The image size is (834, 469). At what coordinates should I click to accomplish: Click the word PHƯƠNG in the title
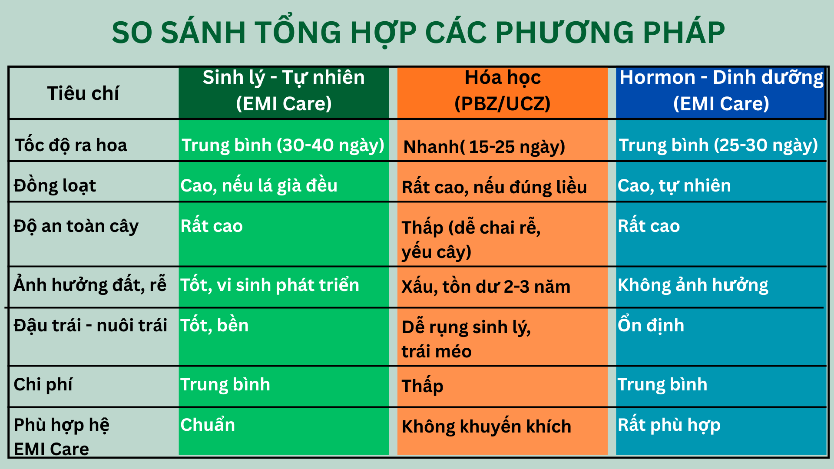564,33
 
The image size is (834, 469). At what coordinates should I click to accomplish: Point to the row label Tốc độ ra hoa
71,145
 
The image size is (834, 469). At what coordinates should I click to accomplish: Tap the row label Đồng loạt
55,186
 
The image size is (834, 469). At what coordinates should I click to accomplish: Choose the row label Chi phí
43,385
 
